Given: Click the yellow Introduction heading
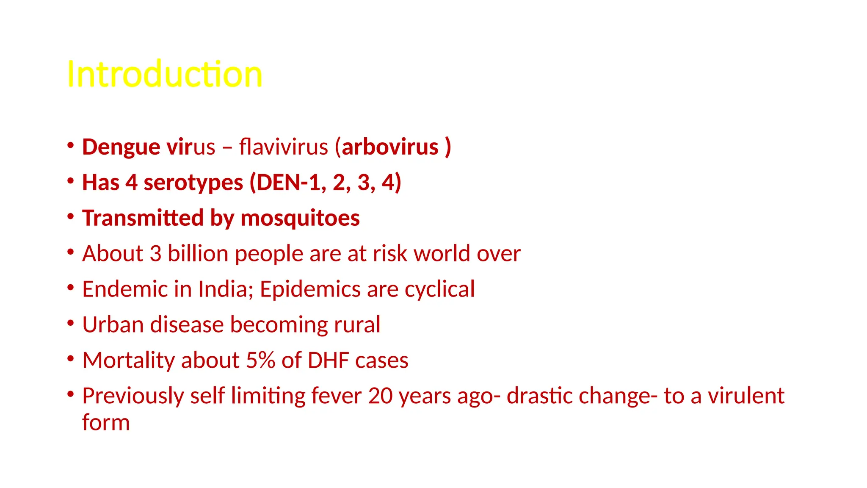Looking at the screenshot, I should point(165,75).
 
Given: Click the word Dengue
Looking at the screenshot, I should point(121,147).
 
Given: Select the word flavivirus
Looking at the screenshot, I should point(284,147).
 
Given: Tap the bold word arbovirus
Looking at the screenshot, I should point(390,147).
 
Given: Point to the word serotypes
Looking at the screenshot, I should point(193,183).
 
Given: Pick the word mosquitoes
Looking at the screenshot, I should point(300,218).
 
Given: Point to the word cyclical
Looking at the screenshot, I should point(439,290).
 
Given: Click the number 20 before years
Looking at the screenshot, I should point(380,396).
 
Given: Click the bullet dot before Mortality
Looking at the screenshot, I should point(71,359).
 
